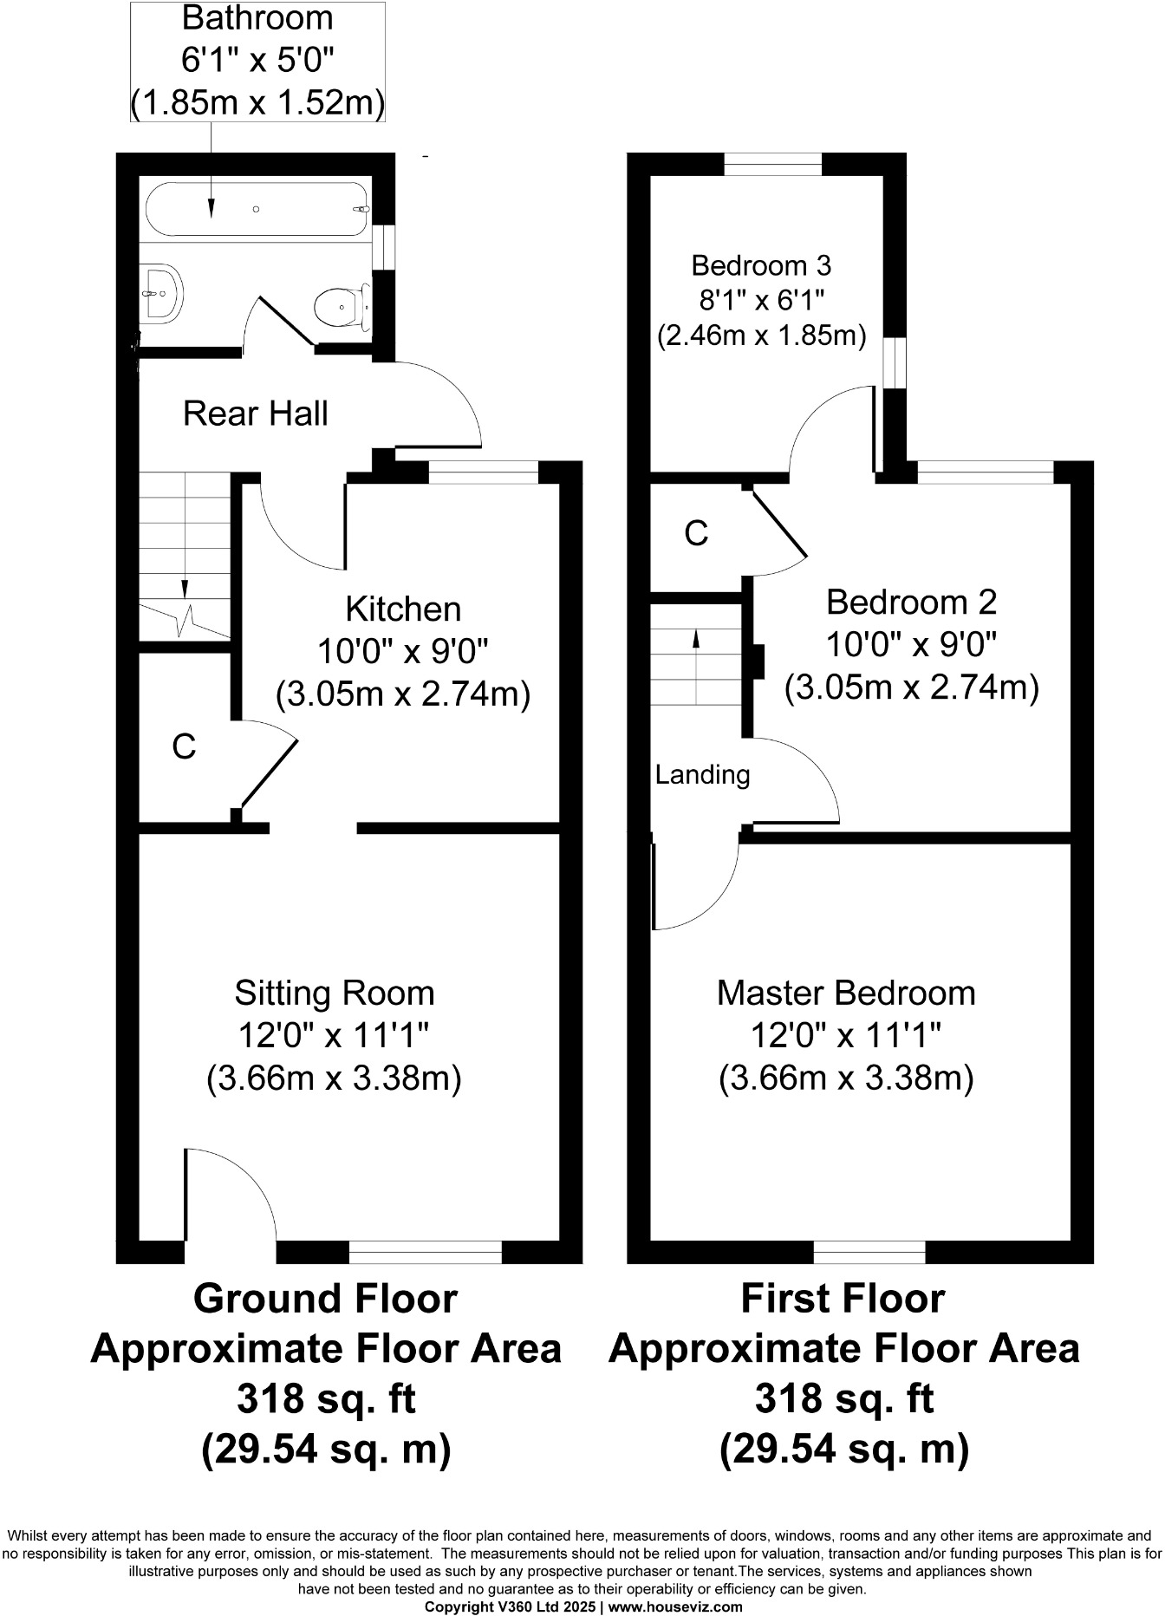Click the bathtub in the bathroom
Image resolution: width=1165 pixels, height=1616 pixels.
point(257,209)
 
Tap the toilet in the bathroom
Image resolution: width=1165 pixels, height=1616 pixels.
point(340,306)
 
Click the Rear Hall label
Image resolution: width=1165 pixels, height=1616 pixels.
point(256,414)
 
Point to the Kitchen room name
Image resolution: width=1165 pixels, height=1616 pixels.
point(403,609)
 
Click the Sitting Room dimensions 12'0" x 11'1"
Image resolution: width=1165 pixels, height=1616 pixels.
point(334,1035)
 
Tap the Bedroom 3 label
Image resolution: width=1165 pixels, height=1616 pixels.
point(762,264)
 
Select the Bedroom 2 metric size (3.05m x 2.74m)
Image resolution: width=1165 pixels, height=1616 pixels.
point(911,687)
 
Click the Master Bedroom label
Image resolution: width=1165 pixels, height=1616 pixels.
point(846,993)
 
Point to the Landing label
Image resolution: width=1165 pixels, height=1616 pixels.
point(702,774)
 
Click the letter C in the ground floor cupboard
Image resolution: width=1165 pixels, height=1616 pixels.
point(184,746)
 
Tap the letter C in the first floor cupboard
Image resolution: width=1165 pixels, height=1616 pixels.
point(696,534)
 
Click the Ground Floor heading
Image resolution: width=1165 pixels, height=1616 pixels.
point(325,1299)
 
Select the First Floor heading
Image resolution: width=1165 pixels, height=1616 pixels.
point(843,1299)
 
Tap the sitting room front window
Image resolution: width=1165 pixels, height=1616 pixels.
point(425,1252)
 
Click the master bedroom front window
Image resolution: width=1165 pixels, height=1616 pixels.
point(869,1252)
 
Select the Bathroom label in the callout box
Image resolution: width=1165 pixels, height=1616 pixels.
point(257,17)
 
